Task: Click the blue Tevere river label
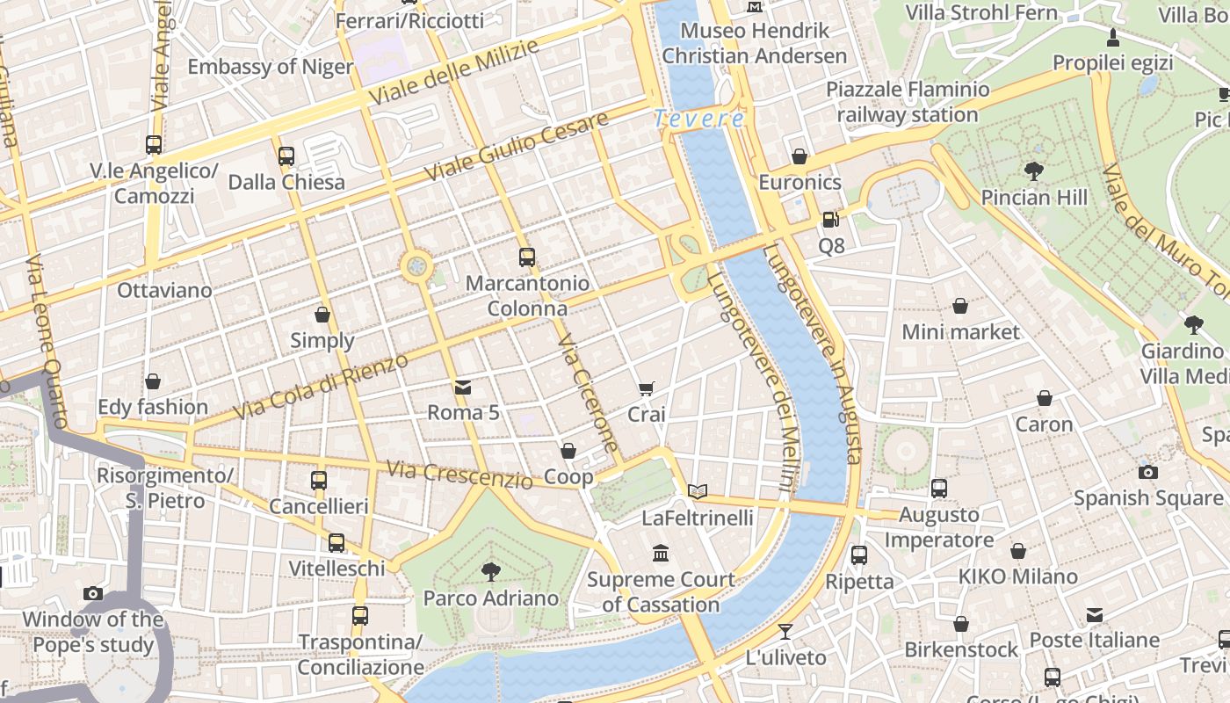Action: [x=699, y=119]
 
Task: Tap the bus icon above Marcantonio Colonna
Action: [x=527, y=257]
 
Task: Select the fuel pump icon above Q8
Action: [x=831, y=220]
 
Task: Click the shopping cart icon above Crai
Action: [x=647, y=388]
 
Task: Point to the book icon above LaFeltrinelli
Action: [x=698, y=492]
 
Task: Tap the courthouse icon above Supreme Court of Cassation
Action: [x=661, y=554]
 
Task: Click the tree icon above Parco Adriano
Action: [x=491, y=572]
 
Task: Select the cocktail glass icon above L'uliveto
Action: [x=785, y=631]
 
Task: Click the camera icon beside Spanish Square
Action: [x=1147, y=472]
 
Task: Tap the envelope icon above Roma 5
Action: [x=463, y=387]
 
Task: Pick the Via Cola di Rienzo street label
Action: [x=322, y=387]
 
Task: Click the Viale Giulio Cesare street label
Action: [x=516, y=148]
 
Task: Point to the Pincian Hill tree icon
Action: [x=1034, y=171]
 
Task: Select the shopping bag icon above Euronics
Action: [x=799, y=156]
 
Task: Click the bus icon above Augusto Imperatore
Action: [x=939, y=489]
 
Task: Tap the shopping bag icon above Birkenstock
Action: [x=961, y=624]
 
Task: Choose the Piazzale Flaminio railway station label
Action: [x=908, y=102]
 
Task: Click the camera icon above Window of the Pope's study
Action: [x=93, y=593]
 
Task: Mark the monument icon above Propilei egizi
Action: [x=1113, y=37]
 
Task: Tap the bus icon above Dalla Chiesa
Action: [x=286, y=156]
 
